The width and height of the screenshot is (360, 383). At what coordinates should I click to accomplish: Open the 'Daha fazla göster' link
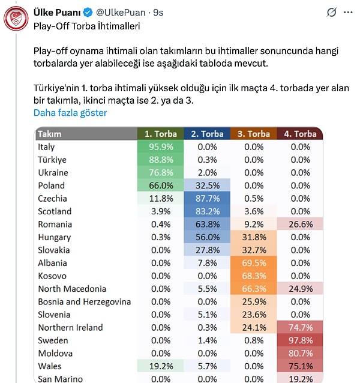70,113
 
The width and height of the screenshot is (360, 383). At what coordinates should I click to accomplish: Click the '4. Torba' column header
300,134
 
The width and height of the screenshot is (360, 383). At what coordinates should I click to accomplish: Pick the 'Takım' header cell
50,134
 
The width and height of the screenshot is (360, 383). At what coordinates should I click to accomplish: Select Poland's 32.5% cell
206,185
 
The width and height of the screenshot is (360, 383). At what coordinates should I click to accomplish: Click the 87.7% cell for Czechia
206,199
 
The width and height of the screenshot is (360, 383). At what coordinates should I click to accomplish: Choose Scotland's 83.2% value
206,211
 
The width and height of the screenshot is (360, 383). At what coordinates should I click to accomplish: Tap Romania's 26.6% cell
300,225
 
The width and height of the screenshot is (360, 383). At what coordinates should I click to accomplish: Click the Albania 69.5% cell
253,263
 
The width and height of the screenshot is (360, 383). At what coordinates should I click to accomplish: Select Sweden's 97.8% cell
300,340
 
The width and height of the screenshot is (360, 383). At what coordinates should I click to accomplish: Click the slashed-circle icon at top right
331,12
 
